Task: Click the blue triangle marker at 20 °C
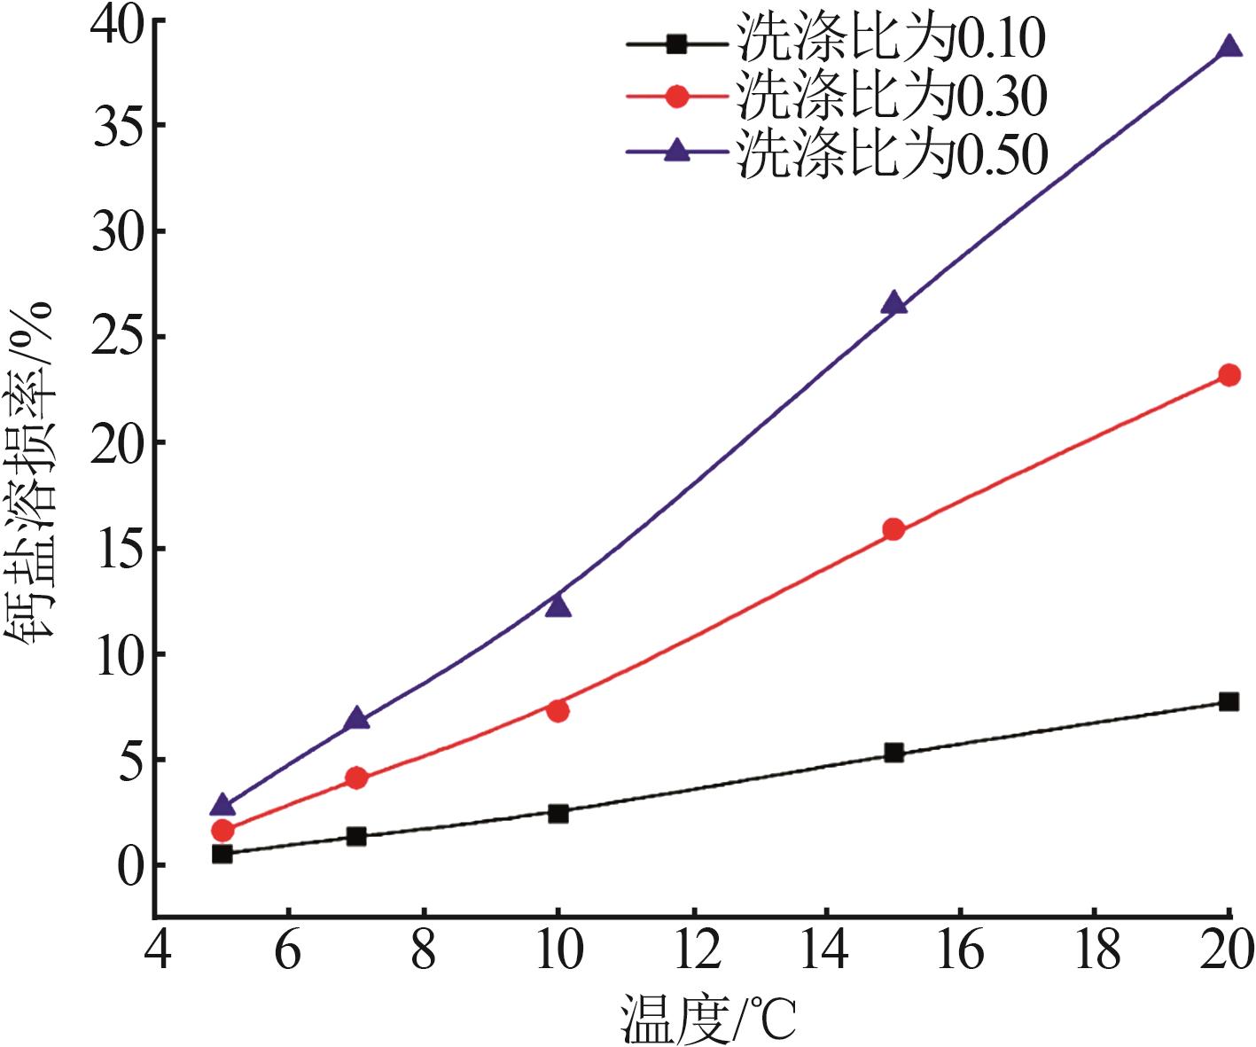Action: coord(1229,46)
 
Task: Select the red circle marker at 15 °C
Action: coord(893,529)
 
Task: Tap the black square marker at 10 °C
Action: coord(558,813)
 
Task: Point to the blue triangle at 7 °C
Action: coord(356,718)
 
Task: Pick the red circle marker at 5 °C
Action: coord(222,831)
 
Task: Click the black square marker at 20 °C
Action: coord(1229,701)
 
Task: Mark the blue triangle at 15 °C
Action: coord(893,303)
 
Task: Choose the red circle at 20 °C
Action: coord(1229,375)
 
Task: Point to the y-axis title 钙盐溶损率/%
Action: coord(33,470)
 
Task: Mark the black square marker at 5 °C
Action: coord(222,854)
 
